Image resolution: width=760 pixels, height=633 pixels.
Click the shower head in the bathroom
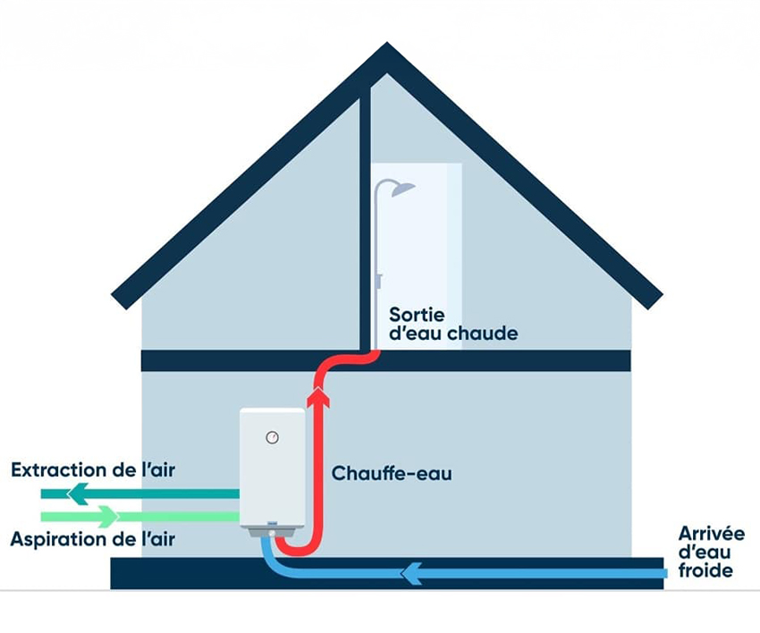(x=401, y=188)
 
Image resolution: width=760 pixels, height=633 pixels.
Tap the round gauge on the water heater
(x=272, y=437)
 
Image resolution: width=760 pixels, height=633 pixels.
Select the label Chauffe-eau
(x=392, y=473)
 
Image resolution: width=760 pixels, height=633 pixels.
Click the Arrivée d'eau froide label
(x=711, y=551)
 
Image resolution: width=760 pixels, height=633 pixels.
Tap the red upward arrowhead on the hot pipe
(x=317, y=398)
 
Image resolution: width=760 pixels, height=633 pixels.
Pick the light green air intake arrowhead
(x=107, y=516)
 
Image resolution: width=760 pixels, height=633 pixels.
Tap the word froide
(x=705, y=570)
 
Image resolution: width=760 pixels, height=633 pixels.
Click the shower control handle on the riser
(x=378, y=281)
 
